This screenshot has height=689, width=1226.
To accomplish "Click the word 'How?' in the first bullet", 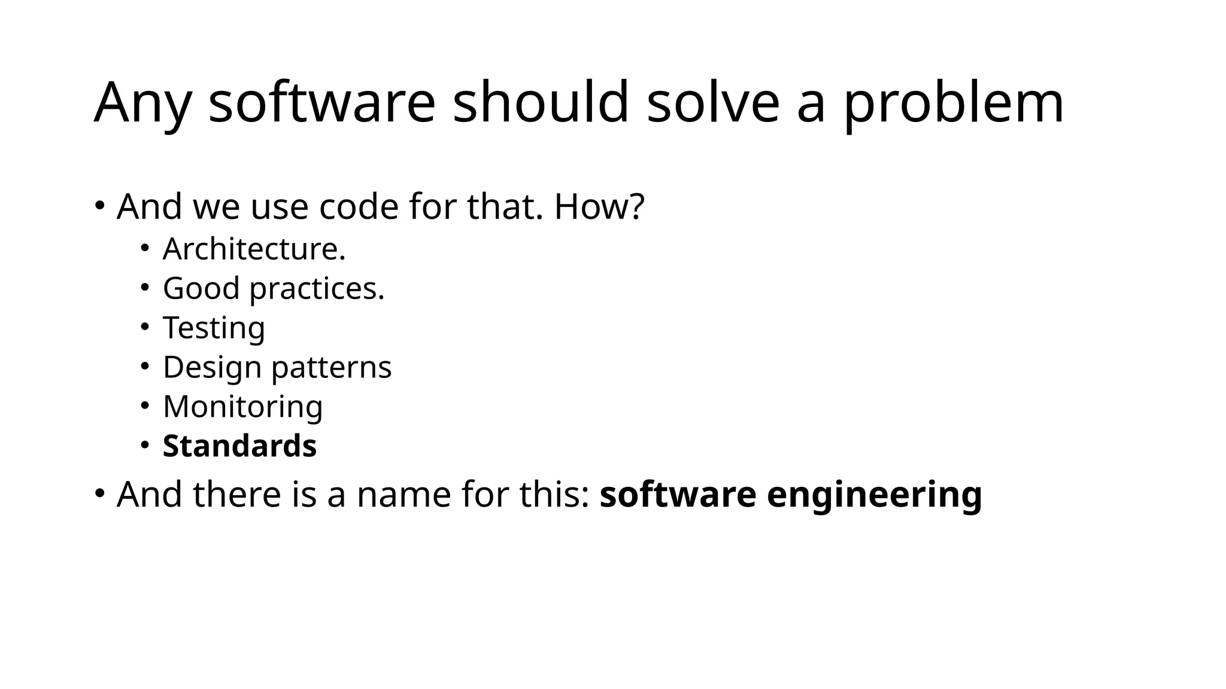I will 599,206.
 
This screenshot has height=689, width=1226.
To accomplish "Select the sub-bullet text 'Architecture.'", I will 254,249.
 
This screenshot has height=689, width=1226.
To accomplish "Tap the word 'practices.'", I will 317,289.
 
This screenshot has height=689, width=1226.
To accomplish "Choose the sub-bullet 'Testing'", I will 214,328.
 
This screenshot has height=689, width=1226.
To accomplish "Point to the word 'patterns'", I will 332,368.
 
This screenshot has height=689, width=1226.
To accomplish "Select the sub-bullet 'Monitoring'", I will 242,407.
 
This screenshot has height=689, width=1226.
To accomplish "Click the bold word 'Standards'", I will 239,446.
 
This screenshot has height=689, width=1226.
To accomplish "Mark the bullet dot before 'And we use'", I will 100,205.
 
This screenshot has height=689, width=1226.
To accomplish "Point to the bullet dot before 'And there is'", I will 100,493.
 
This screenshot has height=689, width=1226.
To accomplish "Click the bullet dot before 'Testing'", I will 144,327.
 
